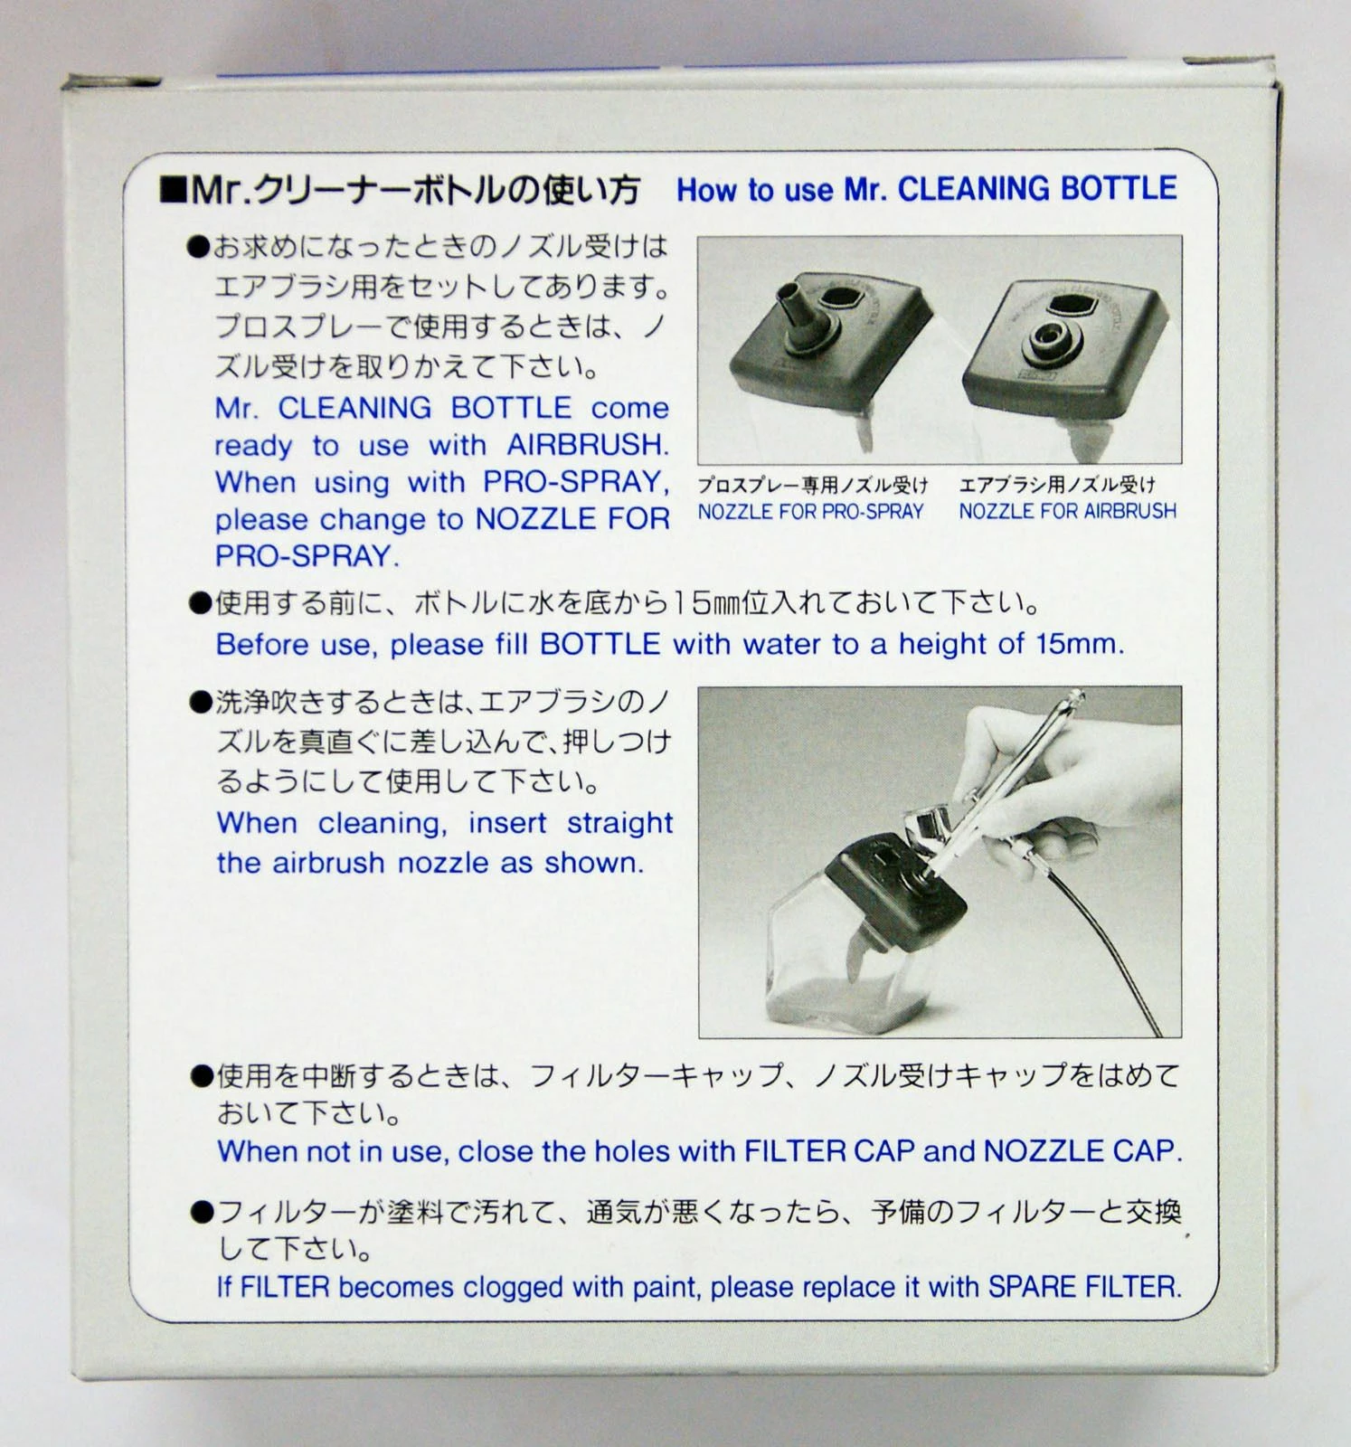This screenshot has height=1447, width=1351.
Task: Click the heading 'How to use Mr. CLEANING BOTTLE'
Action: tap(926, 189)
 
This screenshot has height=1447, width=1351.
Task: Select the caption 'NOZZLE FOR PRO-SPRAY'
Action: tap(810, 512)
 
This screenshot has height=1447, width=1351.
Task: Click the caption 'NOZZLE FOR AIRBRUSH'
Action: tap(1067, 512)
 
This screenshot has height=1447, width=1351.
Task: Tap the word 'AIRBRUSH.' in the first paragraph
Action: tap(588, 445)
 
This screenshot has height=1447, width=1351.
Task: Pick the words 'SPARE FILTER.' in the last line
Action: tap(1084, 1286)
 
